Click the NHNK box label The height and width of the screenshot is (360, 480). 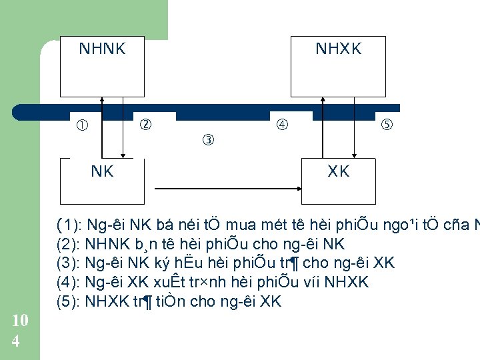[102, 49]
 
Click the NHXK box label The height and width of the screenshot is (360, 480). [339, 49]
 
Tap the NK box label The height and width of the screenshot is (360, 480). [102, 171]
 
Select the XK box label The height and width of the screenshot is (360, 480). [339, 171]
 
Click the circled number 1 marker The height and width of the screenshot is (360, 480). [82, 125]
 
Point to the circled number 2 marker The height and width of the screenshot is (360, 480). [144, 124]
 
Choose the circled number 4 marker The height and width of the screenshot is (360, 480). [282, 124]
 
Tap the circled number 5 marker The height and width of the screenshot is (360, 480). [387, 125]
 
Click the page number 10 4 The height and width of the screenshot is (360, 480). [20, 331]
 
